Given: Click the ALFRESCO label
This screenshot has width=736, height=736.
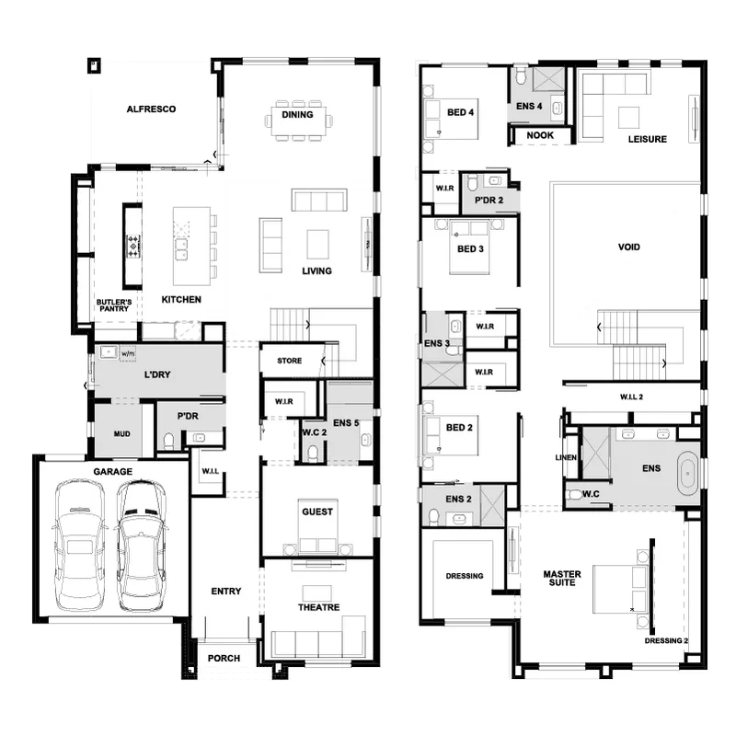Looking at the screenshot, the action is pos(151,109).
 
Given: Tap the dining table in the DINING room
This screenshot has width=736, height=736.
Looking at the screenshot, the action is pos(298,121).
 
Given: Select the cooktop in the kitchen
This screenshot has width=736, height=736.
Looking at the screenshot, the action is pos(133,246).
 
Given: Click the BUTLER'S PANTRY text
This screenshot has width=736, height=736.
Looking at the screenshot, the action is pos(113,305).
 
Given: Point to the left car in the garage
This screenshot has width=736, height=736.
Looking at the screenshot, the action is pos(79,545).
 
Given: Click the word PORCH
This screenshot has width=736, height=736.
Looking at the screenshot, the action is pos(224,658).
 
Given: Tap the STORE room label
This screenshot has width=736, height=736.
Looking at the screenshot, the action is pos(289,361).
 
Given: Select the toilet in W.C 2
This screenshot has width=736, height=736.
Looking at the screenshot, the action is pos(313,453).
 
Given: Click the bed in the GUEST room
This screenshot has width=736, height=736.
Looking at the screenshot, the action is pos(317,526).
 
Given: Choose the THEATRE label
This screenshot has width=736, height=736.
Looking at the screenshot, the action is pos(318,607).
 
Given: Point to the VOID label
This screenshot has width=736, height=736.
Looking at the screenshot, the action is pos(629,247).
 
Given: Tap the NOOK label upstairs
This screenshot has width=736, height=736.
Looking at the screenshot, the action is pos(540,135).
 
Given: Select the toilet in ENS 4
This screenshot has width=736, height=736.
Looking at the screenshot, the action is pos(521,75).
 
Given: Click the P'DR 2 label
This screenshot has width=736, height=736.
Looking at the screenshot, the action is pos(489,200).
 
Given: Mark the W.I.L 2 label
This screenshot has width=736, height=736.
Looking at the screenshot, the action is pos(631,397).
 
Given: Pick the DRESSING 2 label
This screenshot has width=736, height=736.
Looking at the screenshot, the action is pos(666,640).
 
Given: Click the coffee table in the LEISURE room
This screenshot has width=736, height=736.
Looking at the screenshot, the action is pos(628,118).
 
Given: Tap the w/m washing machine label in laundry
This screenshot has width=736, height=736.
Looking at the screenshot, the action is pos(128,353).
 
